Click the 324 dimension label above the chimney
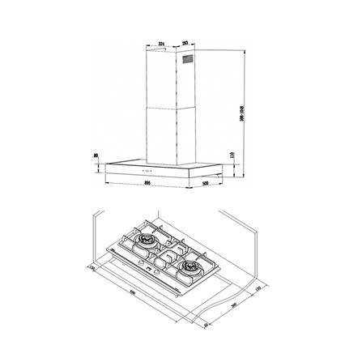[x=163, y=42]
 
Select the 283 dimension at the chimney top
[x=185, y=42]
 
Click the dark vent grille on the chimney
[x=189, y=59]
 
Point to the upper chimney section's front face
[x=161, y=81]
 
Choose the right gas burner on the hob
[x=192, y=267]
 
